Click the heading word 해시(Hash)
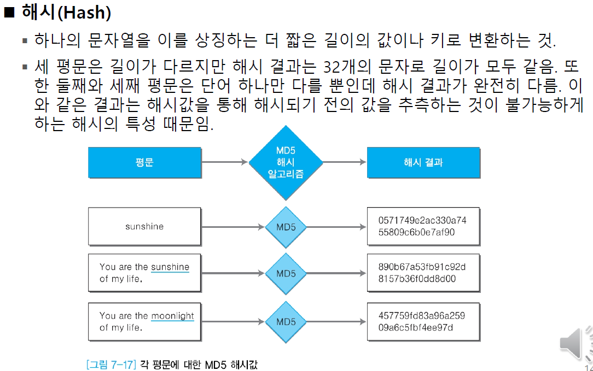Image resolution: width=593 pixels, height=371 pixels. click(66, 12)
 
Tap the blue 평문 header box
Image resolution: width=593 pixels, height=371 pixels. click(144, 162)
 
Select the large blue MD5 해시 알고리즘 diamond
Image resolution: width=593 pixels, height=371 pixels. click(285, 162)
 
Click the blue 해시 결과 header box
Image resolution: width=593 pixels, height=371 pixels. click(423, 162)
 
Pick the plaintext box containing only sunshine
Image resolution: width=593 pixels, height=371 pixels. click(144, 226)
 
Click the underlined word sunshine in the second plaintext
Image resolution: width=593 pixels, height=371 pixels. click(170, 267)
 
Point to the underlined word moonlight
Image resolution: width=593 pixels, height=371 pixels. click(172, 316)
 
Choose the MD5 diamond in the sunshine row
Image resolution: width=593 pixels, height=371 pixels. click(286, 226)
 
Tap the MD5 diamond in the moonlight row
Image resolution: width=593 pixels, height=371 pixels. click(286, 322)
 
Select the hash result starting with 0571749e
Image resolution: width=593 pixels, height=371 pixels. click(423, 226)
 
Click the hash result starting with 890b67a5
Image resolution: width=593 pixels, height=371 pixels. click(423, 273)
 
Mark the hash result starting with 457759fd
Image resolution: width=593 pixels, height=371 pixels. click(423, 322)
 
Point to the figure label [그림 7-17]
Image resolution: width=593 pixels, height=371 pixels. click(111, 364)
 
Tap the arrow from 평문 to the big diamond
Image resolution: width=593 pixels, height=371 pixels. click(224, 162)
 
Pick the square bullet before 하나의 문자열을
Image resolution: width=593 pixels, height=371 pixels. click(25, 41)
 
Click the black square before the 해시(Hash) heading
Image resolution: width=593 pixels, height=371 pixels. click(9, 13)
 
